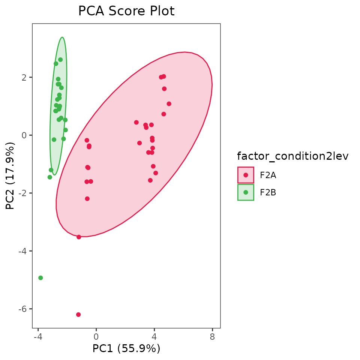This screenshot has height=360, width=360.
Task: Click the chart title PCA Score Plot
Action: [x=126, y=11]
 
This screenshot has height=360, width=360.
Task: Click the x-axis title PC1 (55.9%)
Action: [x=126, y=349]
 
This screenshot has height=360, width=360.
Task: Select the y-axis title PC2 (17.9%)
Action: [x=10, y=176]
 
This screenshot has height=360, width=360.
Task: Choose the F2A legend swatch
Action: [x=246, y=175]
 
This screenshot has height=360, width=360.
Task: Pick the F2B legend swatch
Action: [x=246, y=192]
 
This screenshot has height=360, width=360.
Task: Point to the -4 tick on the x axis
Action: [x=38, y=337]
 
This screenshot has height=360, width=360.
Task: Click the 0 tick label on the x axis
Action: [x=96, y=337]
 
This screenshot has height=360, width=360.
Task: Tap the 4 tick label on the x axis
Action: [x=154, y=337]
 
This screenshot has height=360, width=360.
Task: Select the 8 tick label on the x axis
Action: [x=212, y=337]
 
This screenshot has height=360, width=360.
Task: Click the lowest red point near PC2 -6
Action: [x=78, y=314]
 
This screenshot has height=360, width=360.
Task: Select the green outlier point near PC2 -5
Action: [x=40, y=278]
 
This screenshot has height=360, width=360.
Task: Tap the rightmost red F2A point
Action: [x=169, y=104]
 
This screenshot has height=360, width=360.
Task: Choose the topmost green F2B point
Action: [x=60, y=60]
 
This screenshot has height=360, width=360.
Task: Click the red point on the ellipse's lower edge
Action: [x=79, y=237]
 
